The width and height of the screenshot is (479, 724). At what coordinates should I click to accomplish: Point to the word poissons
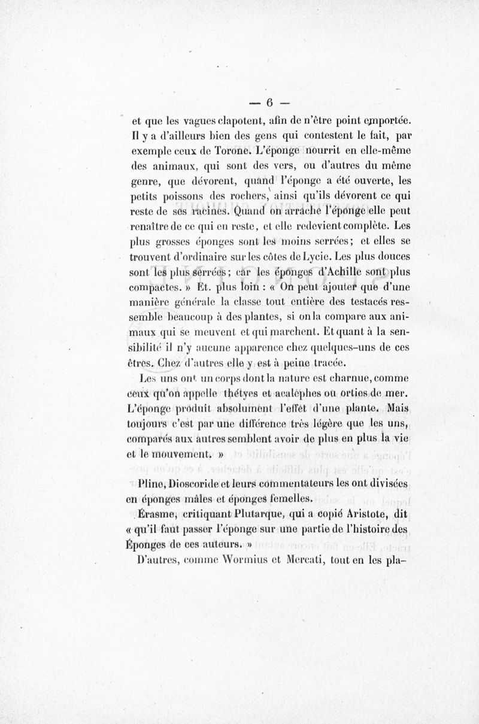(x=184, y=195)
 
